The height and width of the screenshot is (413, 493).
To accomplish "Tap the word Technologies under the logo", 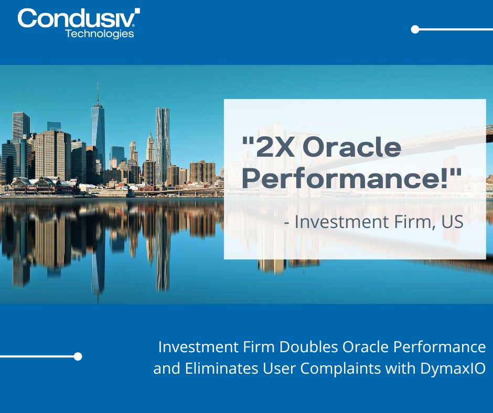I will coord(99,34).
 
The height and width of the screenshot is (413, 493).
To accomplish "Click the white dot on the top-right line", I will coord(415,29).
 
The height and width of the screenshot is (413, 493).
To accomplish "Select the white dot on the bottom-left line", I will coord(78,356).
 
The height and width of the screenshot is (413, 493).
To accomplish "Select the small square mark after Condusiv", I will coord(137,10).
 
